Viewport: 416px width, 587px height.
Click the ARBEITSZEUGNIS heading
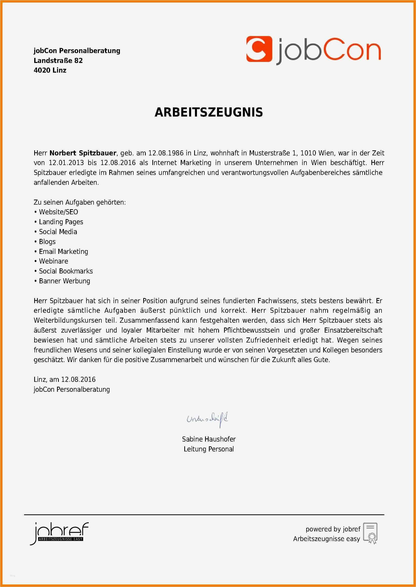tap(209, 112)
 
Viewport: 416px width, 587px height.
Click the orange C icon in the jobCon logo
tap(259, 49)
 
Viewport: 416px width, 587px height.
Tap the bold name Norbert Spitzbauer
tap(83, 153)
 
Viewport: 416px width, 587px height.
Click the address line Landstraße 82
tap(58, 60)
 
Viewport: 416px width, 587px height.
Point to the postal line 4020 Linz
tap(50, 70)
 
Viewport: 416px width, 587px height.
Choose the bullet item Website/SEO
tap(58, 212)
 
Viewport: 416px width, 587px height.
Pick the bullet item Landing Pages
tap(61, 222)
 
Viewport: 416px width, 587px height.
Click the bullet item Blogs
tap(47, 242)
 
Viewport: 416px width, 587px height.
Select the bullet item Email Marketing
tap(64, 251)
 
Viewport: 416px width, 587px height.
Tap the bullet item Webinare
tap(53, 261)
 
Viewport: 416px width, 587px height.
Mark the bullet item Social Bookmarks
tap(66, 271)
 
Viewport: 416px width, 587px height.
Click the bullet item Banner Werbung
tap(65, 281)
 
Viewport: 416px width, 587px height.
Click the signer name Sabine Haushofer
tap(209, 439)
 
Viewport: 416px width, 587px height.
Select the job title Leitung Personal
tap(209, 449)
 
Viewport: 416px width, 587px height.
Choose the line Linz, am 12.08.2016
tap(65, 380)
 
